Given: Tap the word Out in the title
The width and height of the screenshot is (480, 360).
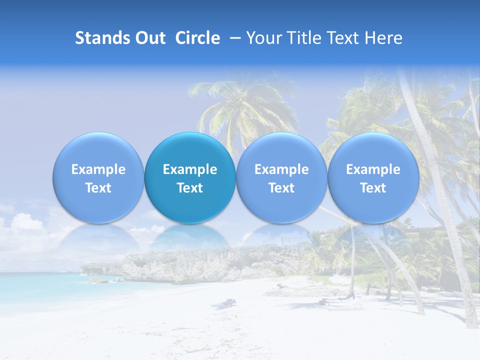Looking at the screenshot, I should [148, 38].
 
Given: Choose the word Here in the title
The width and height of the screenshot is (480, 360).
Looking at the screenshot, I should [383, 38].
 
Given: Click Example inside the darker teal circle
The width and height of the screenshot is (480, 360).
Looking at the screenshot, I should [190, 169].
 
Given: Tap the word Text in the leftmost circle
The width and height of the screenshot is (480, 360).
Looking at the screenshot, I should [98, 188].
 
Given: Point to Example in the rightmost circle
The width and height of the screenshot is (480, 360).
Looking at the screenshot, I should [373, 169].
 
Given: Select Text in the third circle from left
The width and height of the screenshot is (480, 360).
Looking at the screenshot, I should [281, 188].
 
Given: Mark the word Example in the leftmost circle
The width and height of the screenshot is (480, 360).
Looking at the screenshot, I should [98, 169].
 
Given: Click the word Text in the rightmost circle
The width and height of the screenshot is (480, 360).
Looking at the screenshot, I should [373, 188].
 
